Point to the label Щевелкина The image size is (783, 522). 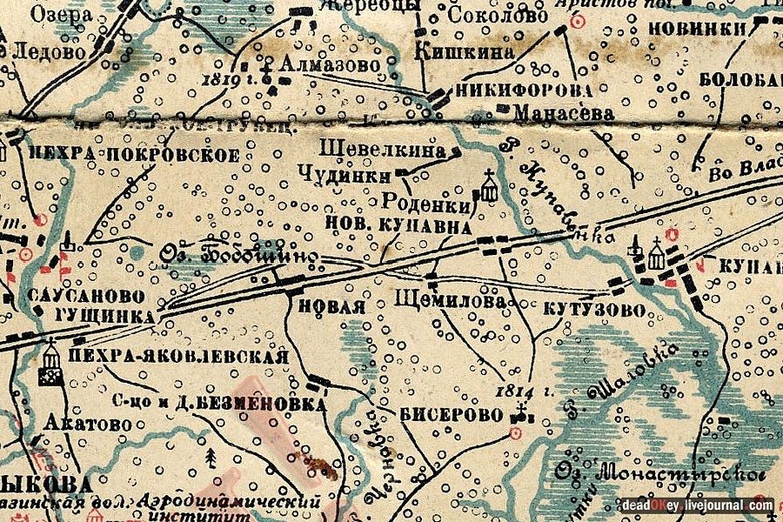pyautogui.click(x=382, y=148)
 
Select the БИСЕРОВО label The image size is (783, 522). pyautogui.click(x=452, y=414)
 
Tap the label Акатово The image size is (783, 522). pyautogui.click(x=86, y=424)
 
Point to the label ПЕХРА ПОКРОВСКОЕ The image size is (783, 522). pyautogui.click(x=133, y=155)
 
